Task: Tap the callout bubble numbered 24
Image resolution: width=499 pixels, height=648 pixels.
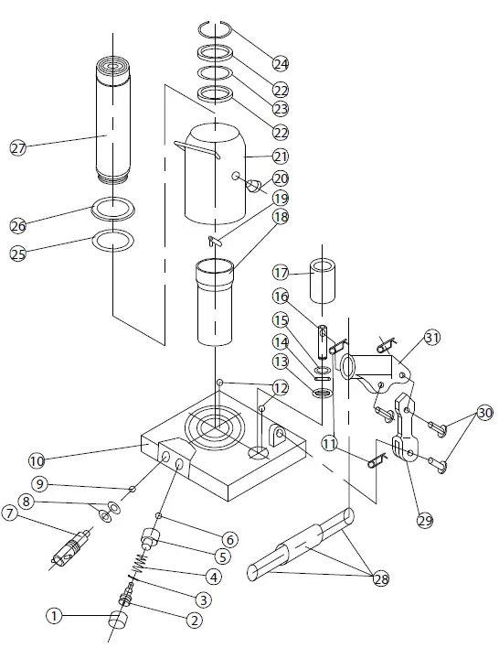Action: click(x=281, y=64)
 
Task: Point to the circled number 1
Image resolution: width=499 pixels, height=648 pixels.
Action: click(x=54, y=617)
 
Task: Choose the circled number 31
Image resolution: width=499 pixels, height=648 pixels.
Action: click(x=431, y=338)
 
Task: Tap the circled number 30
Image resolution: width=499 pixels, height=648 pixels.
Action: click(x=485, y=412)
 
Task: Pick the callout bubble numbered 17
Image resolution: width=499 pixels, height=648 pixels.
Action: click(x=281, y=273)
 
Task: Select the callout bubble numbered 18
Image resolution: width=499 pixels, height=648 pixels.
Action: click(x=281, y=217)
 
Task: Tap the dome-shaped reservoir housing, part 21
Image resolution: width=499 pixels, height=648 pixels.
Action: click(x=215, y=174)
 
